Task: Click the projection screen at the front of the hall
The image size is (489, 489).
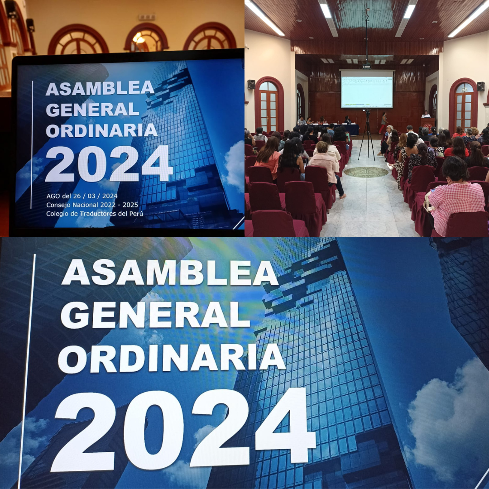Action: click(367, 89)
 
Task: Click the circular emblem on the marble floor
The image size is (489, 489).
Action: click(366, 172)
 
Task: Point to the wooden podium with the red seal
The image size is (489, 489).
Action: click(428, 123)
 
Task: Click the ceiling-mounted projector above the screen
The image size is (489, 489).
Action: click(366, 66)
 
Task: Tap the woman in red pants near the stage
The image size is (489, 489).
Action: click(383, 123)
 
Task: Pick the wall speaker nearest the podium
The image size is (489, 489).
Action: click(480, 86)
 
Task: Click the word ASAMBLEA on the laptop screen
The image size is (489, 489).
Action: click(100, 88)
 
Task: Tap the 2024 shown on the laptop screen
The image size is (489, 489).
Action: click(109, 164)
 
